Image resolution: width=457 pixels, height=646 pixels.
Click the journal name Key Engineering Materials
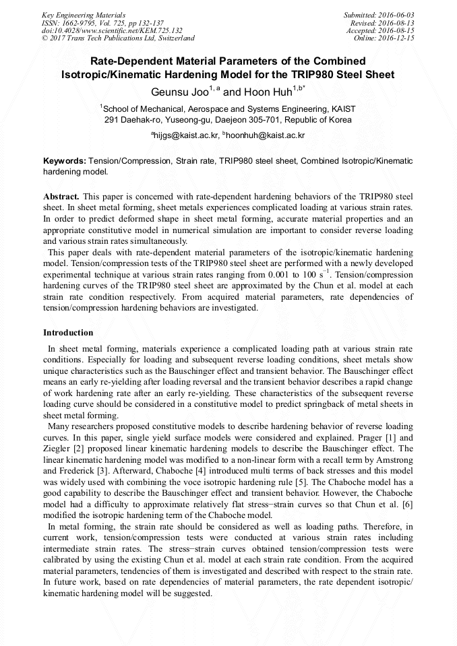click(83, 14)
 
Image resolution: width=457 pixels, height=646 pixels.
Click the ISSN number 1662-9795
click(80, 22)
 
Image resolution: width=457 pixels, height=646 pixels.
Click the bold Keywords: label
click(65, 162)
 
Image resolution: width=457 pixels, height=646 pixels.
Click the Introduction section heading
click(68, 333)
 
